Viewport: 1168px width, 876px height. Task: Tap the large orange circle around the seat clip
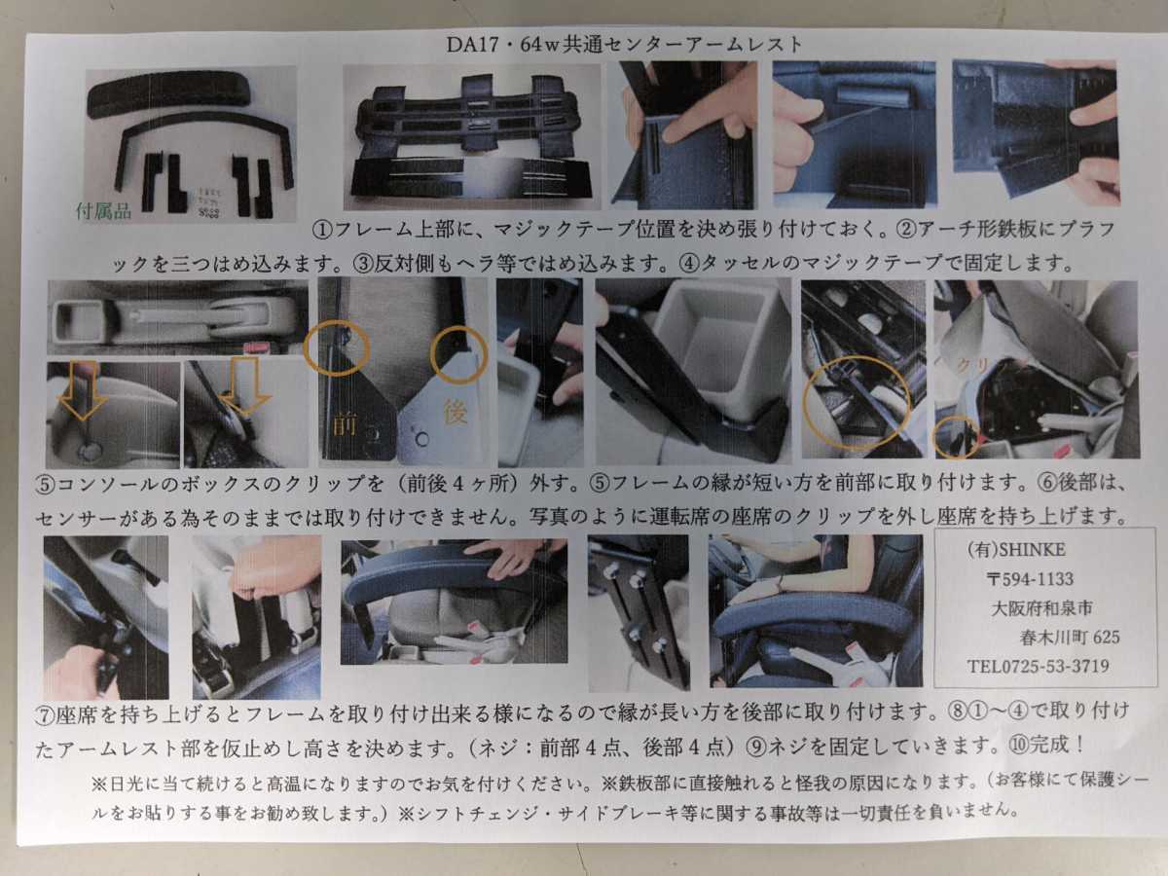click(857, 402)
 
